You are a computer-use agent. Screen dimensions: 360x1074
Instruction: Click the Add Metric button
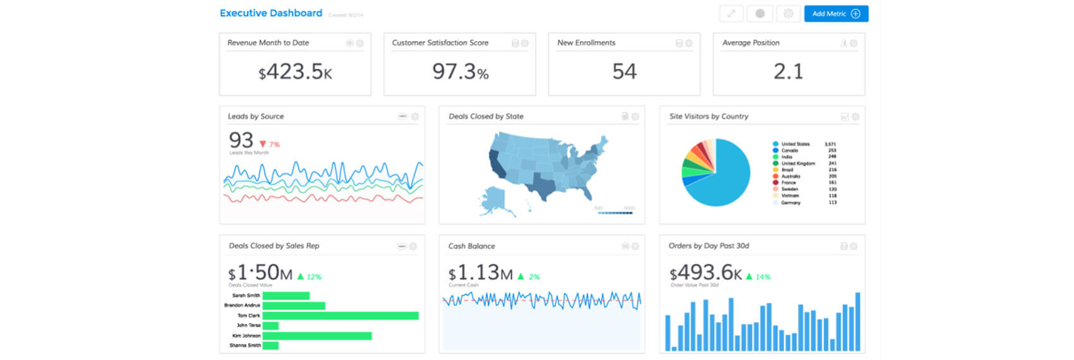(835, 14)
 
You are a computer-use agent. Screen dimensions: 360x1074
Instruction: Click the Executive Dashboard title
(270, 13)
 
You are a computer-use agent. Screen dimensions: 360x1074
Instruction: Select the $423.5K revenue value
(295, 72)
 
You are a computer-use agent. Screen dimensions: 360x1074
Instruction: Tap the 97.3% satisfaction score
(460, 72)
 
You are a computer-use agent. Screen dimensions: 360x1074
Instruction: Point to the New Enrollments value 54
(624, 72)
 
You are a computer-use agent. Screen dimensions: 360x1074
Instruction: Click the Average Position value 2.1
(788, 72)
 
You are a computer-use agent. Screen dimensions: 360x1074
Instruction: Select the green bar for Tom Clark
(340, 315)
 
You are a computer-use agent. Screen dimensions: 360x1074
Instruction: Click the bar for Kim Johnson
(317, 335)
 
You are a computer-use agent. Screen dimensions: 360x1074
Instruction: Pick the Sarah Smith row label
(246, 296)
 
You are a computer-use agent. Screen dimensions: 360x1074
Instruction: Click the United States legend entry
(795, 144)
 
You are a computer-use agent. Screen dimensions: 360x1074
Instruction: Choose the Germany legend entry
(790, 203)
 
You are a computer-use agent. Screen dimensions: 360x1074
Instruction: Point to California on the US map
(495, 162)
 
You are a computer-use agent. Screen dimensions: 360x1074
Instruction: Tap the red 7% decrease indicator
(270, 145)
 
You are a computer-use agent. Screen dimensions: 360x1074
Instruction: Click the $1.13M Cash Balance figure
(480, 273)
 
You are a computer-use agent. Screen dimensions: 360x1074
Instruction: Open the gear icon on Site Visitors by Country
(855, 117)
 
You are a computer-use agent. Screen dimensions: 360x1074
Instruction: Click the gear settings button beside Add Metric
(788, 14)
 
